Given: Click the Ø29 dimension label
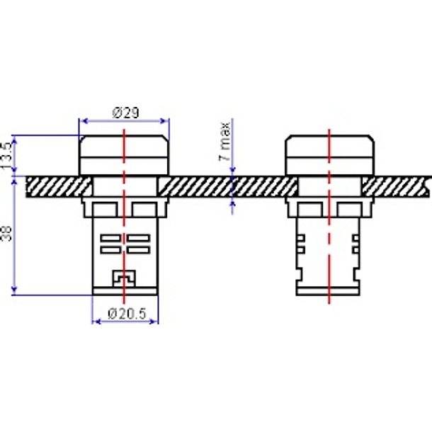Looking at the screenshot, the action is (125, 113).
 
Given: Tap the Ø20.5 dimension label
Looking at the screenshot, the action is (127, 314).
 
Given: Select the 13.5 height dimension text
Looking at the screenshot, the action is (6, 156).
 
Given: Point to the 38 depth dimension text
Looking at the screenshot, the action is (6, 234).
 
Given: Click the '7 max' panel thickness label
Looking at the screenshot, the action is (224, 142).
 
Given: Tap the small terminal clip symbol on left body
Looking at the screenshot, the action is (124, 279).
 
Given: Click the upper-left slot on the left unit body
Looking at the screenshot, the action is (110, 238).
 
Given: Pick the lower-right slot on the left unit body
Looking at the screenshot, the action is (139, 250).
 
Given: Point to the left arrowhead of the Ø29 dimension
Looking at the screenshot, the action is (85, 121).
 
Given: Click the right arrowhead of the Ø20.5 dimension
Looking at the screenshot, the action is (154, 322).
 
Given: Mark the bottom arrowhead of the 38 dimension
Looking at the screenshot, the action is (14, 290).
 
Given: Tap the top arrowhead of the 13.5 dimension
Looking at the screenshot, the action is (14, 140).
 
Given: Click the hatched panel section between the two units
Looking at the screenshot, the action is (227, 186).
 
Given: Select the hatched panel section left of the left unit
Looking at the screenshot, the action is (59, 186).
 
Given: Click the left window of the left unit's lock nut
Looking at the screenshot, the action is (105, 210).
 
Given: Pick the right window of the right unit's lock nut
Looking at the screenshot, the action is (350, 210).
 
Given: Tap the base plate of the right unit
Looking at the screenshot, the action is (328, 291).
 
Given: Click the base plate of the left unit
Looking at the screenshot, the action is (125, 291).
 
